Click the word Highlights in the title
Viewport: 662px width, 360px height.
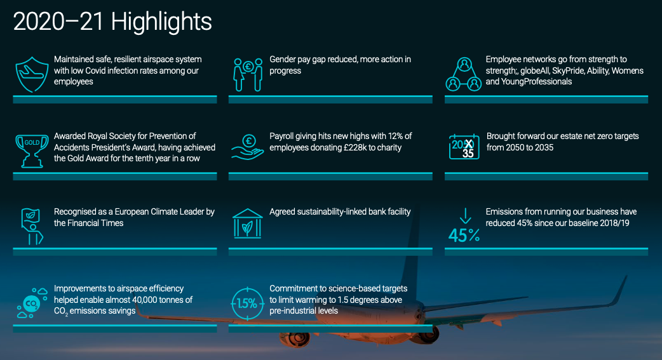pyautogui.click(x=162, y=22)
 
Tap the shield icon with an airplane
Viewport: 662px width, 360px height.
pyautogui.click(x=32, y=75)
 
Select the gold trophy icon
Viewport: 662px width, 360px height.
pyautogui.click(x=32, y=151)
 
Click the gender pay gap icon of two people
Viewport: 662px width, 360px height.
pyautogui.click(x=248, y=75)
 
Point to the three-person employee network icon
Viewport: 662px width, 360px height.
pyautogui.click(x=464, y=75)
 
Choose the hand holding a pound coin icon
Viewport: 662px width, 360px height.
pyautogui.click(x=248, y=147)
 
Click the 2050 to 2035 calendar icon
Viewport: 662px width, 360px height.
pyautogui.click(x=464, y=147)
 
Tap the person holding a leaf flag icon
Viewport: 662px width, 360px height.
pyautogui.click(x=32, y=227)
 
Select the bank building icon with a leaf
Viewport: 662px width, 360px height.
pyautogui.click(x=248, y=223)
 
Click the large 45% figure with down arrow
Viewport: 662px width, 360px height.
pyautogui.click(x=464, y=225)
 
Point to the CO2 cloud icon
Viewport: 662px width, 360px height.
pyautogui.click(x=32, y=303)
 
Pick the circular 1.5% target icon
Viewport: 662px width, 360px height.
pyautogui.click(x=247, y=303)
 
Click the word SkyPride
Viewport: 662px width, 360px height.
pyautogui.click(x=568, y=71)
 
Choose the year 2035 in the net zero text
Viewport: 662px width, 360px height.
pyautogui.click(x=543, y=148)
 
